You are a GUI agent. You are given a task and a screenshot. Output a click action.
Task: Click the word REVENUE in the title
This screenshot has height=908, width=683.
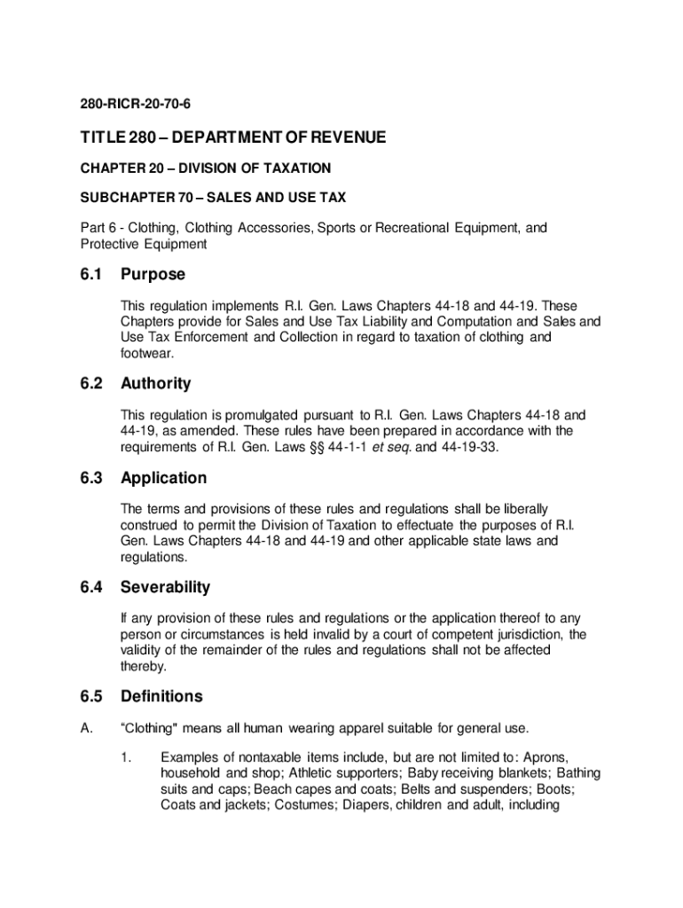(343, 137)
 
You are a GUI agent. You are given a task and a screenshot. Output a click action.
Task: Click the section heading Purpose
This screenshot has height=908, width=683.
(153, 275)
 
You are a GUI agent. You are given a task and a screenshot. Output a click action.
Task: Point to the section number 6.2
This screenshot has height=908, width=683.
(91, 384)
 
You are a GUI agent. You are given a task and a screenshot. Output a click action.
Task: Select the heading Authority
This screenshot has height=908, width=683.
(156, 384)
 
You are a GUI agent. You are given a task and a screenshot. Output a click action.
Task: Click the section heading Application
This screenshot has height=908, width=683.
(164, 479)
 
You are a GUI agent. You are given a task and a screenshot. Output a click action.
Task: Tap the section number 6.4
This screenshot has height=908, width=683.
(91, 588)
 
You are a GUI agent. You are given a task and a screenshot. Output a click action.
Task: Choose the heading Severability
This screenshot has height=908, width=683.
(166, 588)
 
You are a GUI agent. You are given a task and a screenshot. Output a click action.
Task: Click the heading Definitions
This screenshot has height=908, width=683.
(161, 697)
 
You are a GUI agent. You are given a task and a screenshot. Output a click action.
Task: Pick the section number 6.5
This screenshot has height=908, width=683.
(91, 697)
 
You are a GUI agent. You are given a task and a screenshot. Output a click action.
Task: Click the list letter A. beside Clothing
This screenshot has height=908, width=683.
(86, 729)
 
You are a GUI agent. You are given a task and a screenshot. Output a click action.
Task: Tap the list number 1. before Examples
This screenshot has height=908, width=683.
(127, 758)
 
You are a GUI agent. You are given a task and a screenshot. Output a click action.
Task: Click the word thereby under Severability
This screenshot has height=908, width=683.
(144, 666)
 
